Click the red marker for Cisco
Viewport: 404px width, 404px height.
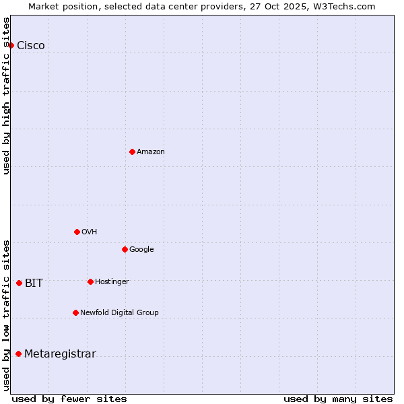[11, 45]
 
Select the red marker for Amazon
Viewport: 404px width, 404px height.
[132, 151]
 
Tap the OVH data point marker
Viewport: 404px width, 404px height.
[77, 232]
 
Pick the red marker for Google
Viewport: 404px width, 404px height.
[125, 249]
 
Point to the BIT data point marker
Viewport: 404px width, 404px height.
[19, 283]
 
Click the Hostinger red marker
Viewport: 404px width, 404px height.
[90, 281]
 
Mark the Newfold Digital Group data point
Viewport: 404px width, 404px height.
[75, 312]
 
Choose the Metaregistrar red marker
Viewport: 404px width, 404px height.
[18, 353]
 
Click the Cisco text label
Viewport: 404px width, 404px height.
[31, 46]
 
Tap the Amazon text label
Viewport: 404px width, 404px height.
[151, 152]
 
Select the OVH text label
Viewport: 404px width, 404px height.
[90, 232]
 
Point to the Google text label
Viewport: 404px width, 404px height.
[141, 250]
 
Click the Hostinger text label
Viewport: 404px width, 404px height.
[112, 282]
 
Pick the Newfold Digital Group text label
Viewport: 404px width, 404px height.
[119, 313]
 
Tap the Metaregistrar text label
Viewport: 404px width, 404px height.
[60, 354]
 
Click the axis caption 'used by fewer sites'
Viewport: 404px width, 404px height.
[69, 399]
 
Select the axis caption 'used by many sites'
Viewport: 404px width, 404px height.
[338, 399]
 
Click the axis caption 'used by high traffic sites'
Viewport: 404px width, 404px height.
[6, 96]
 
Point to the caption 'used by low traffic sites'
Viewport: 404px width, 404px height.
[6, 314]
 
